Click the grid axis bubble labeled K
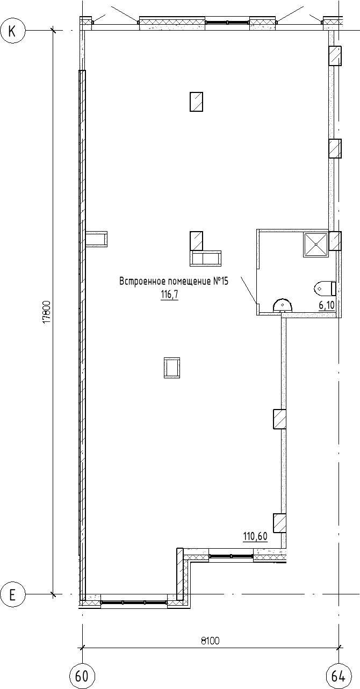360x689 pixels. (12, 31)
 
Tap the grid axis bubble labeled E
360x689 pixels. (12, 595)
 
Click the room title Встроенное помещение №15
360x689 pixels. (174, 282)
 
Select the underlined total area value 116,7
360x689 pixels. (170, 296)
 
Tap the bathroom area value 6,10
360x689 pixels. (327, 305)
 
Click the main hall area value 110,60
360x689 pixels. (255, 536)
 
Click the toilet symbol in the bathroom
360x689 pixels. (325, 289)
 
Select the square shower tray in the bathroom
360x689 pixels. (315, 244)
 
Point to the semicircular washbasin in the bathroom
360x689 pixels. (282, 305)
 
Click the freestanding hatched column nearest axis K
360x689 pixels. (196, 102)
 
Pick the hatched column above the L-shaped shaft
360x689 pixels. (196, 241)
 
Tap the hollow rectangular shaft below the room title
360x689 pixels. (172, 368)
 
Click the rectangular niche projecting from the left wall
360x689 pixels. (96, 239)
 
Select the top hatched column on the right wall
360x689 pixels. (335, 56)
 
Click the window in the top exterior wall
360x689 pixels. (227, 22)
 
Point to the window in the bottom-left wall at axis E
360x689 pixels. (134, 602)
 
